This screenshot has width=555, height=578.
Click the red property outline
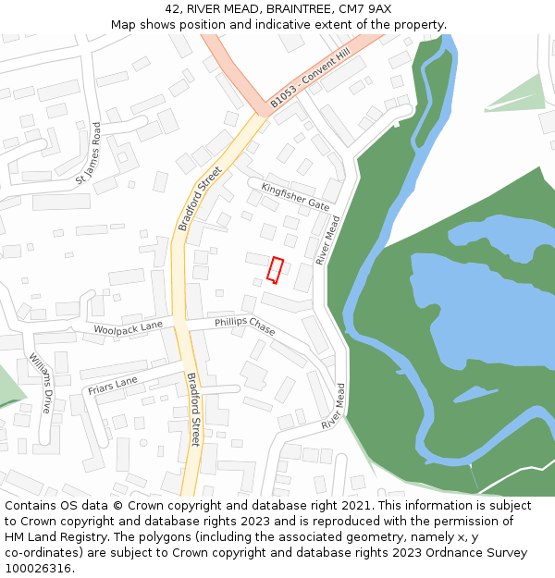[x=275, y=269]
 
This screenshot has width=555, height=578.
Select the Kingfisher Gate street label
[x=295, y=196]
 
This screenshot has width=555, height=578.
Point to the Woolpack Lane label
[x=128, y=326]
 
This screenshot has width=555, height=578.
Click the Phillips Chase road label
[x=245, y=326]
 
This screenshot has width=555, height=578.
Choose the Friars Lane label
[x=113, y=386]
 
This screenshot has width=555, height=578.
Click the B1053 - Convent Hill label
[x=311, y=78]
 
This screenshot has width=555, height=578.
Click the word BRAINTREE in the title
[x=302, y=9]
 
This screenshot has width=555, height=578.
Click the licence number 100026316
[x=39, y=569]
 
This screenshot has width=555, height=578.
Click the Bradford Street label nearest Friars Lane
[x=192, y=409]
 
